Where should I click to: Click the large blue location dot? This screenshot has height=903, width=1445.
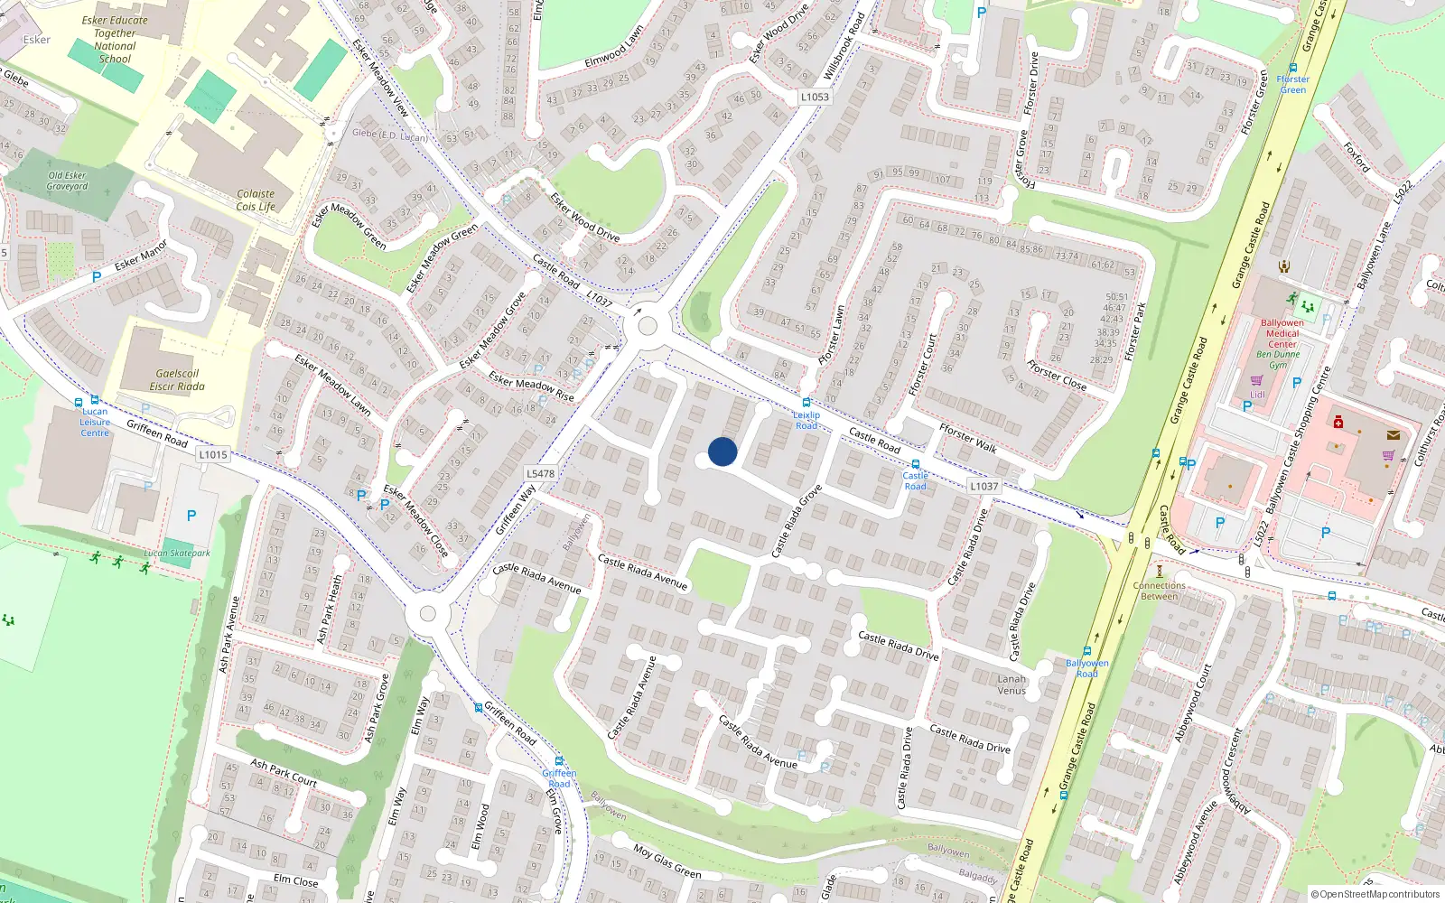722,451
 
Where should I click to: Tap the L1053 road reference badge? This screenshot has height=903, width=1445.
814,97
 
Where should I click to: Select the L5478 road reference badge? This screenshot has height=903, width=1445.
540,473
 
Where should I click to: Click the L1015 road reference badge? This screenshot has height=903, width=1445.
213,454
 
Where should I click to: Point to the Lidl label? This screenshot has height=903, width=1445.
1257,395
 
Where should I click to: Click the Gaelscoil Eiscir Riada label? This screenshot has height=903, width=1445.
177,380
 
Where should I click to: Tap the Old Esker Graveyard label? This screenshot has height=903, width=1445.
68,181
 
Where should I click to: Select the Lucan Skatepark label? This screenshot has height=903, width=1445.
177,554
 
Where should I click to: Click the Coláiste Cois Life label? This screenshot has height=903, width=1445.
256,200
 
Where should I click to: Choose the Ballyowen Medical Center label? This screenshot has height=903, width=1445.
1282,333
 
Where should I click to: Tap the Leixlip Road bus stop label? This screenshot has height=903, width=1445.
806,420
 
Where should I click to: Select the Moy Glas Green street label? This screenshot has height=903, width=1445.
667,861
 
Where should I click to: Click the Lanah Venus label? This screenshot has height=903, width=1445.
1011,684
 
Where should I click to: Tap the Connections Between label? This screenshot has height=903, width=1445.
1160,591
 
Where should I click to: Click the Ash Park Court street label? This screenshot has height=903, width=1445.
284,772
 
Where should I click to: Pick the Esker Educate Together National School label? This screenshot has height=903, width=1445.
115,40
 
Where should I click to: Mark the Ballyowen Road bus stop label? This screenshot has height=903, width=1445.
1086,668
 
